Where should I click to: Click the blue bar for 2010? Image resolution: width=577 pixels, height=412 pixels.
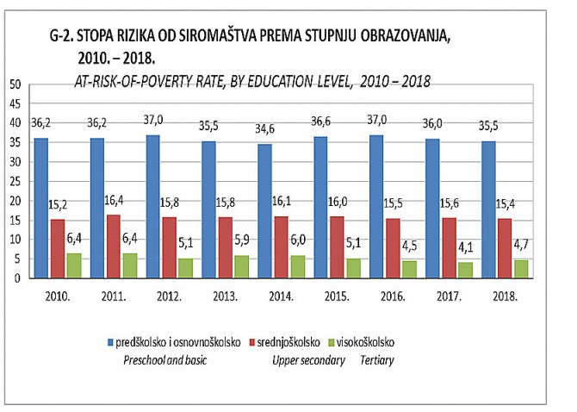(x=42, y=208)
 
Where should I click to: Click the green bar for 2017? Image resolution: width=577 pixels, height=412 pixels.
(x=466, y=269)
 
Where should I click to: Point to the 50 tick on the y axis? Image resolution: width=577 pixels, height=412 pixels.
(x=14, y=84)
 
